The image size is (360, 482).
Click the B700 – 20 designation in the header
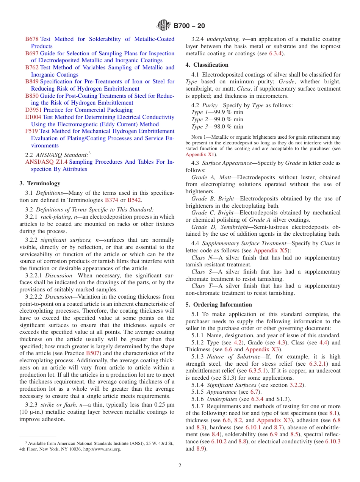point(189,26)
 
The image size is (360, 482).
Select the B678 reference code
point(32,39)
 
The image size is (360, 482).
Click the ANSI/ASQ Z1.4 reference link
point(46,162)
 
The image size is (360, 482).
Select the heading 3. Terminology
point(40,183)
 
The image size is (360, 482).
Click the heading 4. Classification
point(207,65)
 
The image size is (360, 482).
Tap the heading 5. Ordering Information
point(219,305)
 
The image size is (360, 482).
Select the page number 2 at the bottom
point(180,465)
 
